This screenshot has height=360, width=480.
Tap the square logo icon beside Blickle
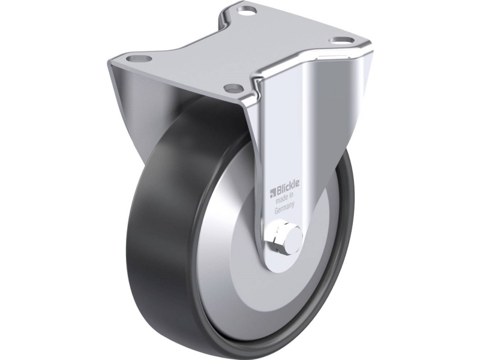pos(273,193)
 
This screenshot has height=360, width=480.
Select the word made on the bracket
pos(283,201)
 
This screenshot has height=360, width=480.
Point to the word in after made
pos(292,197)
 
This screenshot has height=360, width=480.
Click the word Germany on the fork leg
pos(284,209)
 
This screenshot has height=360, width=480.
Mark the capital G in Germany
pos(276,212)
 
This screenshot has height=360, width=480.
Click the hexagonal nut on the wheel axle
pos(278,238)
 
